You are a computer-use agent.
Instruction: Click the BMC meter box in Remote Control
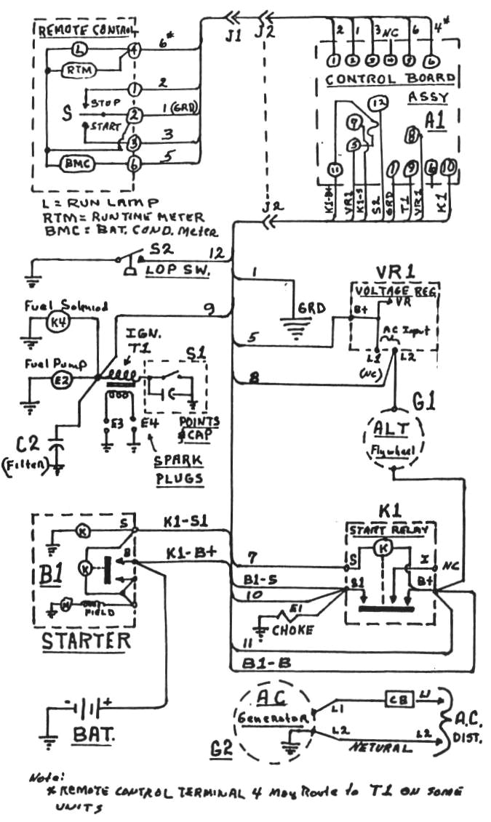73,164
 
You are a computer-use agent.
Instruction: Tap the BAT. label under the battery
93,736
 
